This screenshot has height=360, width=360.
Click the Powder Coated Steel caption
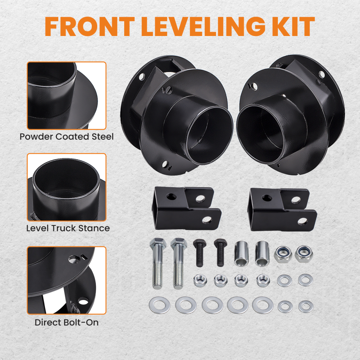point(67,137)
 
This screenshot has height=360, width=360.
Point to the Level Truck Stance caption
point(68,228)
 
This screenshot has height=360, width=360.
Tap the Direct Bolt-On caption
point(67,322)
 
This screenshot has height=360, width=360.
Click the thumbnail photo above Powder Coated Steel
point(67,96)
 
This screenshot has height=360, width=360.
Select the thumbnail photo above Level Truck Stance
point(67,187)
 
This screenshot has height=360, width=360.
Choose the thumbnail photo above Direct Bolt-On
point(67,280)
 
